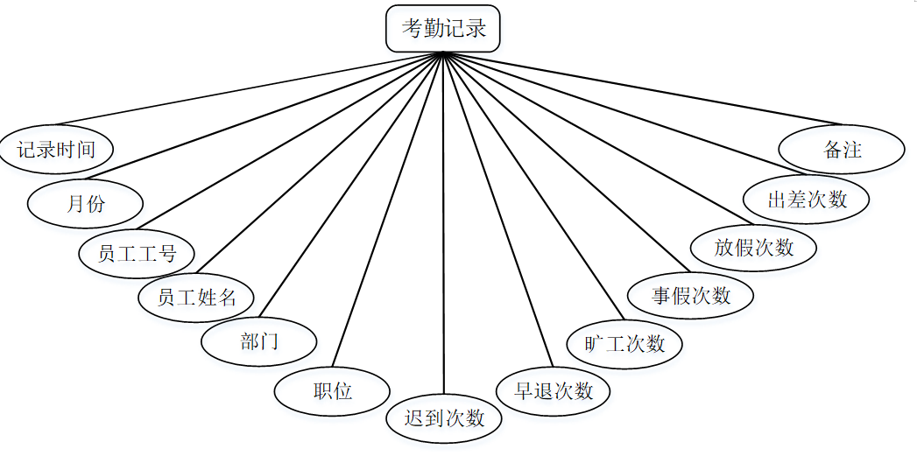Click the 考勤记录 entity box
[443, 28]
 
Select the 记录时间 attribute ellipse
[57, 149]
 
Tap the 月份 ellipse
[85, 204]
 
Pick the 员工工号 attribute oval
[138, 254]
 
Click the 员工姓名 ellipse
[197, 297]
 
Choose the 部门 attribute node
[258, 341]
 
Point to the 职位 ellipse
[332, 391]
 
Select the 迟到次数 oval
[444, 417]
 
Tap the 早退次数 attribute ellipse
[554, 390]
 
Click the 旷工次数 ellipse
[624, 343]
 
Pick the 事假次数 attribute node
[691, 295]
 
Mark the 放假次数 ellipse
[753, 247]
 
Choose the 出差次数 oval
[807, 199]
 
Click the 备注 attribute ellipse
[842, 150]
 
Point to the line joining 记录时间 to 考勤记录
[245, 88]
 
